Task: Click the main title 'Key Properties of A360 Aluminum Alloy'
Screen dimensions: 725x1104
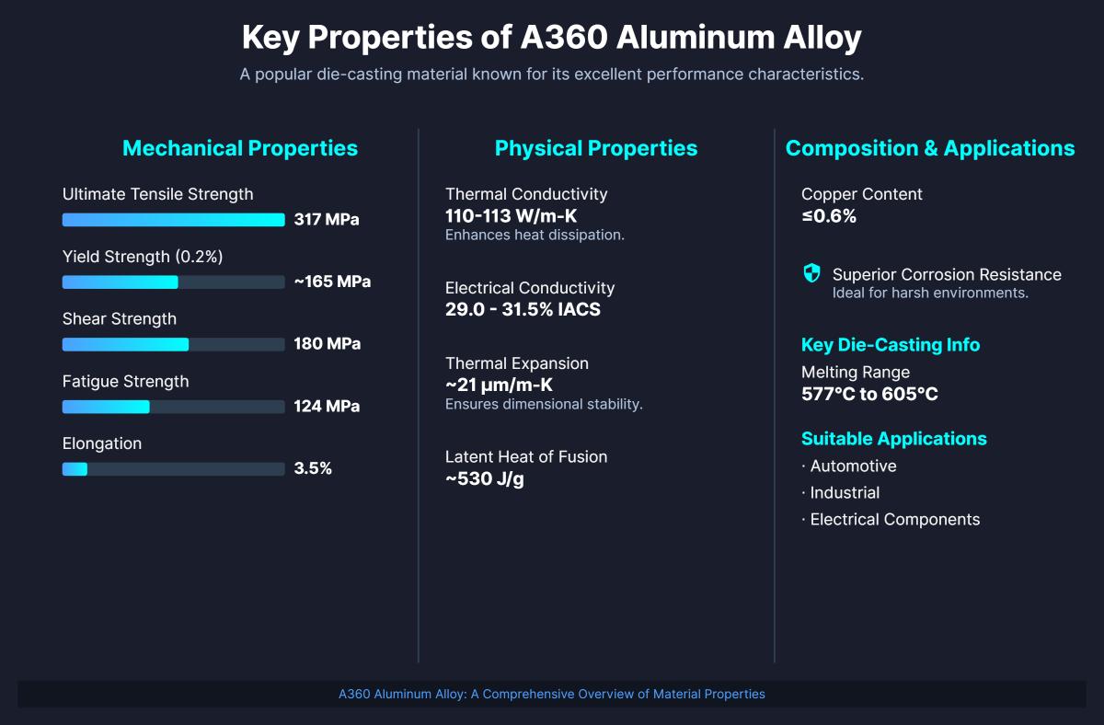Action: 551,39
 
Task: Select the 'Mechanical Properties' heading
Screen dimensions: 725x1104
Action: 239,148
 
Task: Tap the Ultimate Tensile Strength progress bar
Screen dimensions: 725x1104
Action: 173,220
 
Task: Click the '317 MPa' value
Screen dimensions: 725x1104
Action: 327,220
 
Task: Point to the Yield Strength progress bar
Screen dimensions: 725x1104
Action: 173,282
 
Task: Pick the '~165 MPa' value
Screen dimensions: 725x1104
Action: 332,282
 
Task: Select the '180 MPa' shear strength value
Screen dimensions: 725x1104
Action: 327,344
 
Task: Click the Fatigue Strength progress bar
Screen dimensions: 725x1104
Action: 173,407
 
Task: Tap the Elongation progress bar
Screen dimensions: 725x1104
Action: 173,469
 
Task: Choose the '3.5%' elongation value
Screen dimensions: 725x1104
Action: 313,468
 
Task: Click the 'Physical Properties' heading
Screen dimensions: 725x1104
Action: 596,148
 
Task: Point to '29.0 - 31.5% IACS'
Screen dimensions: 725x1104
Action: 523,309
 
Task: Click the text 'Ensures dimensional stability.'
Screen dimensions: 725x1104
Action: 544,405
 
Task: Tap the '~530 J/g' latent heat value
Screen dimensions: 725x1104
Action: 485,478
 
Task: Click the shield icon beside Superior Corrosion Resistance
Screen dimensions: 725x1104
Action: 811,273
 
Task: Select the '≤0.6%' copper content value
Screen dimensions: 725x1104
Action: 829,216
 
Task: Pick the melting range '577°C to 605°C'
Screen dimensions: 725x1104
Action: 869,394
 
